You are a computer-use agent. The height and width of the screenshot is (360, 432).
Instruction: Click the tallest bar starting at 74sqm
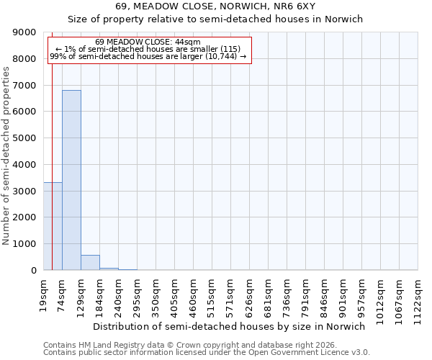tap(71, 180)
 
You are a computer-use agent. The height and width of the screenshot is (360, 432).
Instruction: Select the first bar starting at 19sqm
tap(53, 226)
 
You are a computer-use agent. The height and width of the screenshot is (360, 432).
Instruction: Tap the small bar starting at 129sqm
tap(90, 263)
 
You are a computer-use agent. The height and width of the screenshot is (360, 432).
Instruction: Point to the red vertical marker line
tap(53, 144)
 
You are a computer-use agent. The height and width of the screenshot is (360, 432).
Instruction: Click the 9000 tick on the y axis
tap(27, 32)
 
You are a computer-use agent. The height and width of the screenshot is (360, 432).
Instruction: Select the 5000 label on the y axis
tap(27, 138)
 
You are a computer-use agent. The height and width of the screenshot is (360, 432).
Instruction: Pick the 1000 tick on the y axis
tap(27, 244)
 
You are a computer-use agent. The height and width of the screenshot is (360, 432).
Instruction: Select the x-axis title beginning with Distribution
tap(230, 326)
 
